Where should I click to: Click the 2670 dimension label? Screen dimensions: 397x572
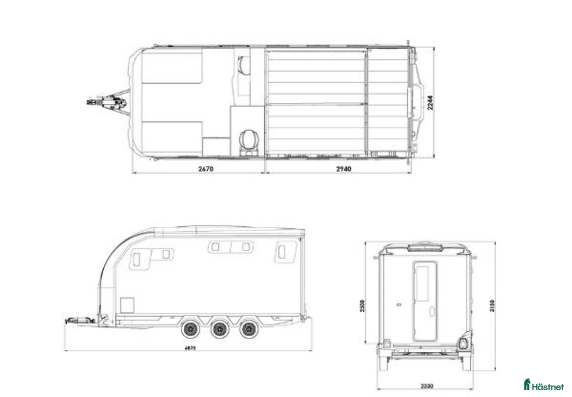point(205,169)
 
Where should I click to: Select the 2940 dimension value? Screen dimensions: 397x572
point(343,169)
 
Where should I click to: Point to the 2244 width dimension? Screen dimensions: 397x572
point(431,103)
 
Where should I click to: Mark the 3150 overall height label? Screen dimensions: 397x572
point(492,307)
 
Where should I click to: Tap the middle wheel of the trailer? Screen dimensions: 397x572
point(217,330)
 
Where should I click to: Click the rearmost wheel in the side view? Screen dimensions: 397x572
point(246,330)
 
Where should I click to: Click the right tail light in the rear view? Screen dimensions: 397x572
point(464,342)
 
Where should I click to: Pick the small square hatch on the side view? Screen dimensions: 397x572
point(127,305)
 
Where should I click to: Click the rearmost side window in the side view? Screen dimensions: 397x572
point(285,252)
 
